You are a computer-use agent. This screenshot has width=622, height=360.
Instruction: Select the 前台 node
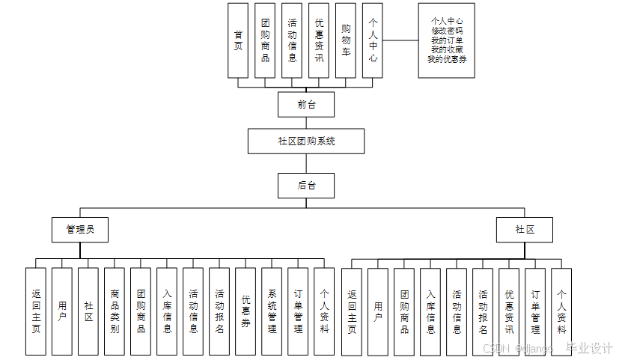coord(305,105)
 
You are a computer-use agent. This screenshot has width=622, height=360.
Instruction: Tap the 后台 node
coord(305,185)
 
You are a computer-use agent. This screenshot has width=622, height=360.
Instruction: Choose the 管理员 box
coord(79,230)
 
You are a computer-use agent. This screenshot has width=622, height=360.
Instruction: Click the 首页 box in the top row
coord(238,40)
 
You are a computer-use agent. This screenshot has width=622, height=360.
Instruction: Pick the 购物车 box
coord(346,40)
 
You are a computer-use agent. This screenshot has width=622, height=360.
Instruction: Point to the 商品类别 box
coord(115,311)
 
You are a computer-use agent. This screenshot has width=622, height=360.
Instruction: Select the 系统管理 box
coord(272,311)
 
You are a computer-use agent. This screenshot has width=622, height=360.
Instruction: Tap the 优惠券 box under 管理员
coord(246,311)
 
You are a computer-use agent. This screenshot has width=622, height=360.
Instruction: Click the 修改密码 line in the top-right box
coord(447,31)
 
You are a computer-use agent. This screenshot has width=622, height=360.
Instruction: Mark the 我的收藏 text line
coord(447,49)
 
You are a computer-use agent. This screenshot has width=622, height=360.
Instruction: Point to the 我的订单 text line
coord(447,40)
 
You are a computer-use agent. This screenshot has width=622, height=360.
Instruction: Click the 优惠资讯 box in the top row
coord(319,40)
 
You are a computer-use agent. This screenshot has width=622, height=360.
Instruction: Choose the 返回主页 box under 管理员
coord(36,311)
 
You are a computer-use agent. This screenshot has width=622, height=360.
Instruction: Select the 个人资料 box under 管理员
coord(324,311)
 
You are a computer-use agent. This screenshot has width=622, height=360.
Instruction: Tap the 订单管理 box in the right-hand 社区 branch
coord(535,311)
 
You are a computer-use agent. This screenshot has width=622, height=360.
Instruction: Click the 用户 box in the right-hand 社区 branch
coord(378,311)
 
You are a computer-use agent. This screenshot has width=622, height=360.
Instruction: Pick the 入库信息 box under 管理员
coord(167,311)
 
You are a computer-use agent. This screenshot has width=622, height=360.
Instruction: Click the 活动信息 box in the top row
coord(292,40)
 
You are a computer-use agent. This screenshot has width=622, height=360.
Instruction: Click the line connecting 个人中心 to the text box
coord(400,40)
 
